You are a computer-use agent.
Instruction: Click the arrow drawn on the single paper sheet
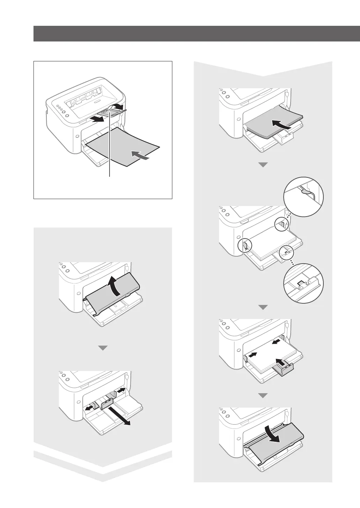coord(142,157)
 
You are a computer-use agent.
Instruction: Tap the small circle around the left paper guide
coord(244,245)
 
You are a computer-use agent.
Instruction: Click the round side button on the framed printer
coord(76,137)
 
